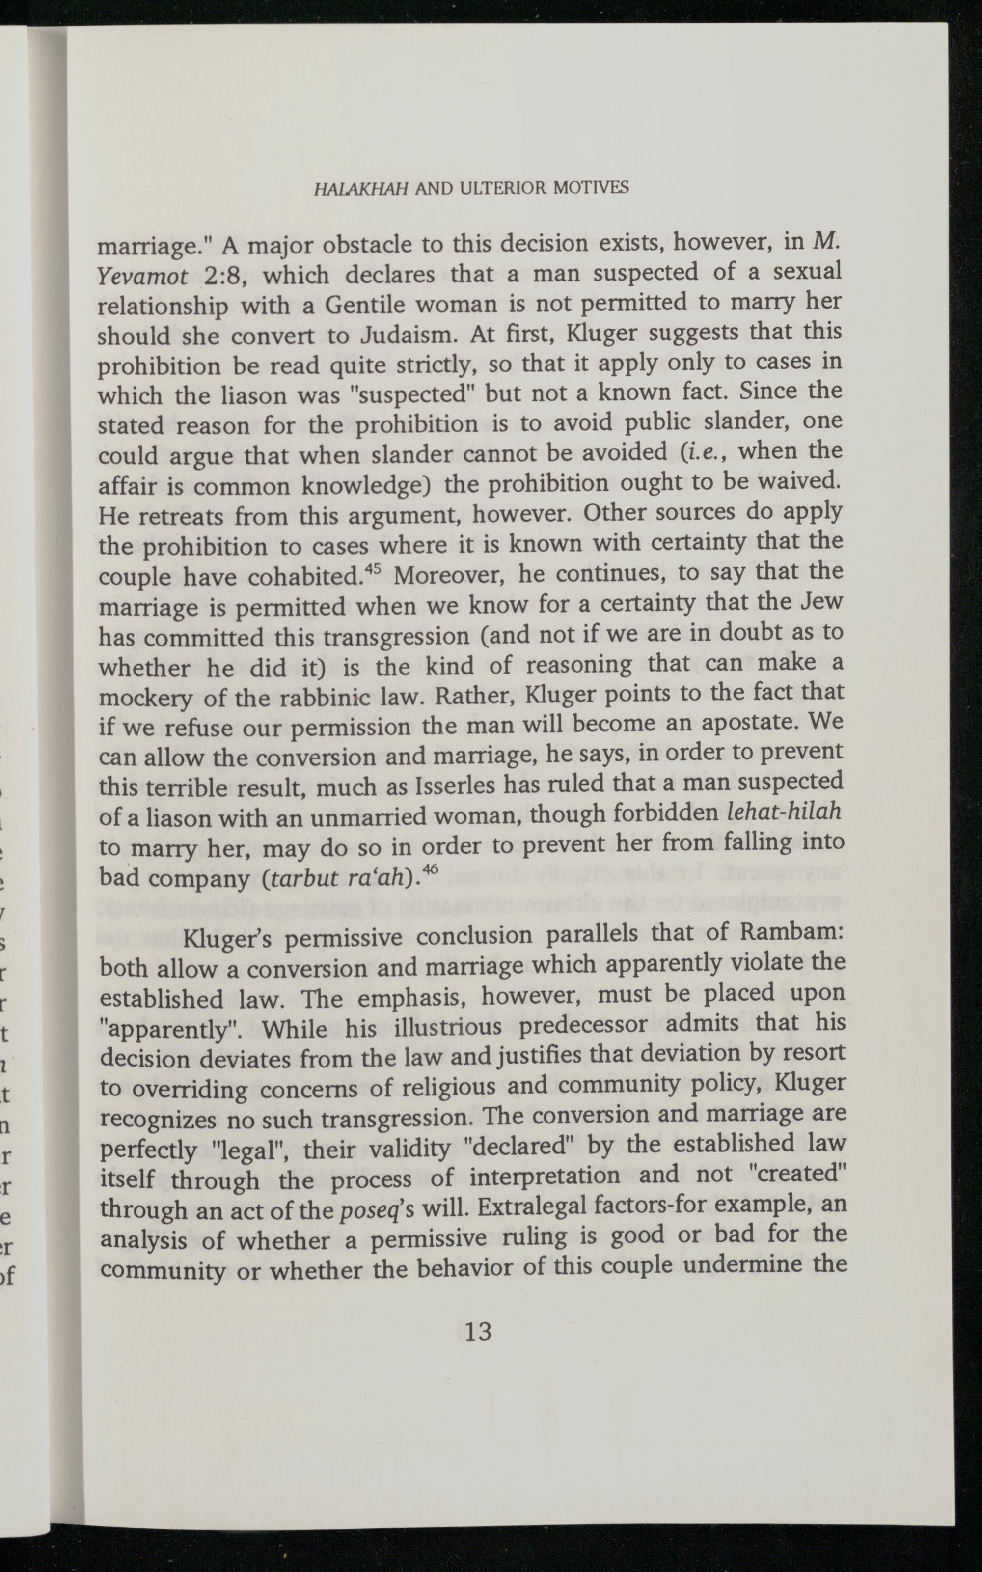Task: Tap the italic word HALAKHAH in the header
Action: (x=360, y=188)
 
